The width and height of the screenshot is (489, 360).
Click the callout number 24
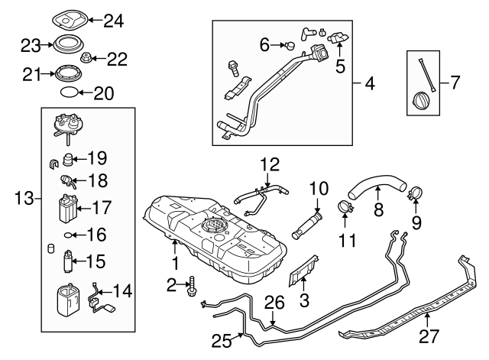click(112, 21)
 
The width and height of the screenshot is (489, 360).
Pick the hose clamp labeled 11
click(345, 207)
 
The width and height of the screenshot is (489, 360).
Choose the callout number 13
click(21, 199)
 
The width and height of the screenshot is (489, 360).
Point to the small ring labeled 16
click(68, 235)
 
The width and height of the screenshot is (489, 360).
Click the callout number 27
click(428, 335)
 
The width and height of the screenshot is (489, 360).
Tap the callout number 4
click(369, 82)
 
